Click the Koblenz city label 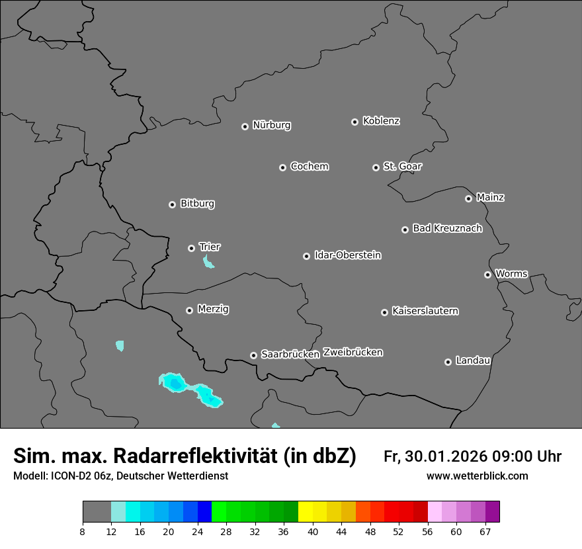click(381, 121)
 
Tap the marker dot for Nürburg click(245, 126)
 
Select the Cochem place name click(309, 166)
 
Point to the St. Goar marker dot click(376, 168)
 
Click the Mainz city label click(490, 197)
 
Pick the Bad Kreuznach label click(447, 228)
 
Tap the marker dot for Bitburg click(172, 204)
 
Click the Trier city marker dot click(191, 248)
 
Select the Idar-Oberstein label click(347, 255)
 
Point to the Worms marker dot click(487, 274)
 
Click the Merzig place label click(213, 309)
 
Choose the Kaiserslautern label click(425, 311)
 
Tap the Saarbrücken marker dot click(253, 355)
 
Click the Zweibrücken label click(353, 353)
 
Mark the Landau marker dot click(448, 362)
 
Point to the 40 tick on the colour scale click(313, 531)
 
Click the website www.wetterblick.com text click(477, 476)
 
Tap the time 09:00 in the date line click(507, 456)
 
